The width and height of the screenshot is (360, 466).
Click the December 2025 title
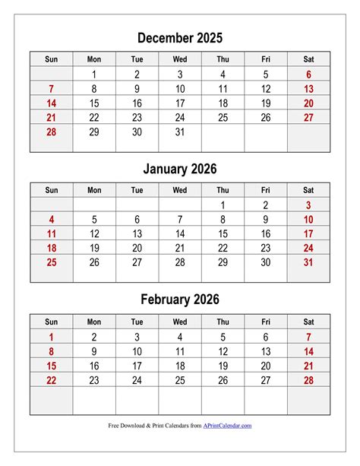click(x=180, y=38)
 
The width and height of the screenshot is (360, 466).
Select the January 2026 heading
click(x=180, y=169)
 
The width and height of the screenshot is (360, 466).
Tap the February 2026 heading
click(x=180, y=300)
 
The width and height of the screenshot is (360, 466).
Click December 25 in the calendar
click(x=223, y=117)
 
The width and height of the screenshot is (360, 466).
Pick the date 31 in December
click(x=180, y=132)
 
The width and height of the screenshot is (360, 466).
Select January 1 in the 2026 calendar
click(x=223, y=204)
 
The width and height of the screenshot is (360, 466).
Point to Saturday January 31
click(x=308, y=262)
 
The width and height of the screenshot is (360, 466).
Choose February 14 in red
click(x=308, y=351)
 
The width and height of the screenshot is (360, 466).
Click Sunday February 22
click(x=51, y=379)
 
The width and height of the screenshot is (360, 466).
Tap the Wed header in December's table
click(x=180, y=59)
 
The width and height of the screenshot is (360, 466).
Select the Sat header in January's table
click(x=308, y=190)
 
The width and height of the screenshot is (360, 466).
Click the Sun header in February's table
click(x=51, y=321)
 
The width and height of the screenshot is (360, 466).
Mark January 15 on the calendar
click(x=223, y=233)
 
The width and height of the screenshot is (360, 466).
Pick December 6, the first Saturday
click(x=308, y=74)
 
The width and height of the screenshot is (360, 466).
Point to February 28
click(x=308, y=379)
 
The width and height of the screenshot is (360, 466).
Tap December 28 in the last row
click(x=51, y=132)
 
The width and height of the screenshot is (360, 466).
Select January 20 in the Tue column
click(x=137, y=248)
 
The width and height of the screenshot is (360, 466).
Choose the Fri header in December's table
click(x=266, y=59)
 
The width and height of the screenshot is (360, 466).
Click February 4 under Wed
click(x=180, y=337)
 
